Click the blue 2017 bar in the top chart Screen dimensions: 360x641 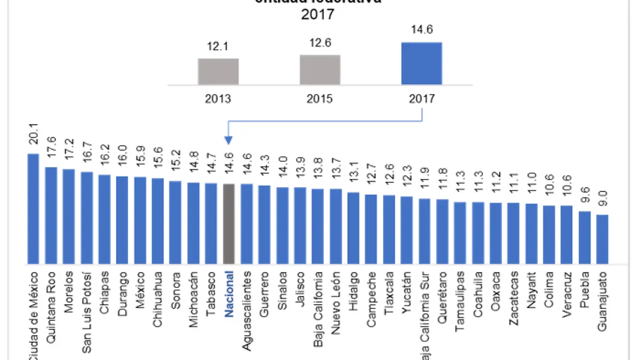click(421, 63)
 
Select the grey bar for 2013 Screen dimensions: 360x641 click(218, 71)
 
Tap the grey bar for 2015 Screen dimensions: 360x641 click(320, 69)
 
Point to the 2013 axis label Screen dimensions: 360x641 click(218, 99)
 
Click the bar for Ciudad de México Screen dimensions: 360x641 click(33, 209)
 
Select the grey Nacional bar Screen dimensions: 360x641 click(229, 224)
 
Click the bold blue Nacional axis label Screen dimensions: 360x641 click(229, 293)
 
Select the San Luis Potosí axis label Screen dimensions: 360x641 click(87, 312)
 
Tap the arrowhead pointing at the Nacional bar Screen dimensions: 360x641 click(229, 141)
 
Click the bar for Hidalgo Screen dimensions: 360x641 click(353, 228)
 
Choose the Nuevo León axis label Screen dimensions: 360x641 click(335, 303)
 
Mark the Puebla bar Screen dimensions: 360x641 click(584, 238)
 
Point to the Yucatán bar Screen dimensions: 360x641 click(407, 230)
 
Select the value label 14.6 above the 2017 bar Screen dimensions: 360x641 click(421, 30)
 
